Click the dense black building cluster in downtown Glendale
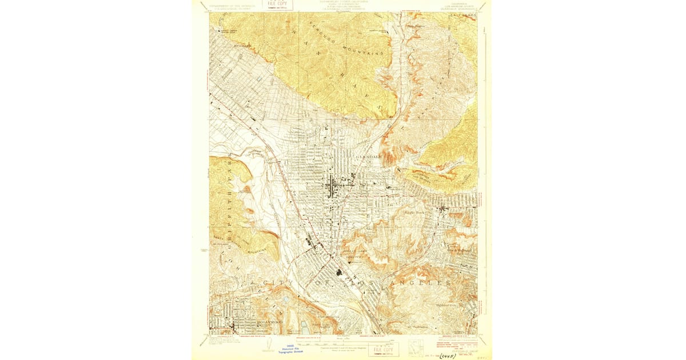332,186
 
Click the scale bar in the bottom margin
343,342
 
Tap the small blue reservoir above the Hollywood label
285,299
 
